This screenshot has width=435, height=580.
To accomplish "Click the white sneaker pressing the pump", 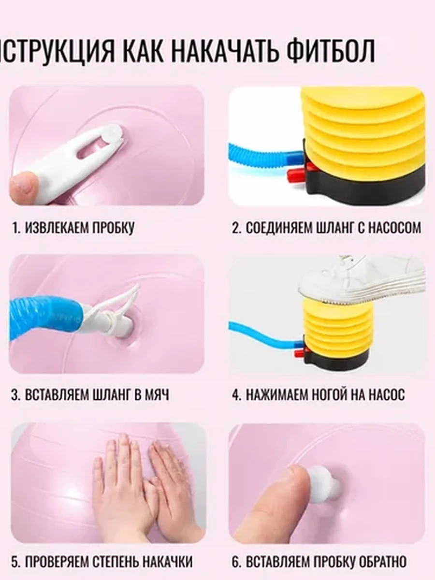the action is (362, 281).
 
